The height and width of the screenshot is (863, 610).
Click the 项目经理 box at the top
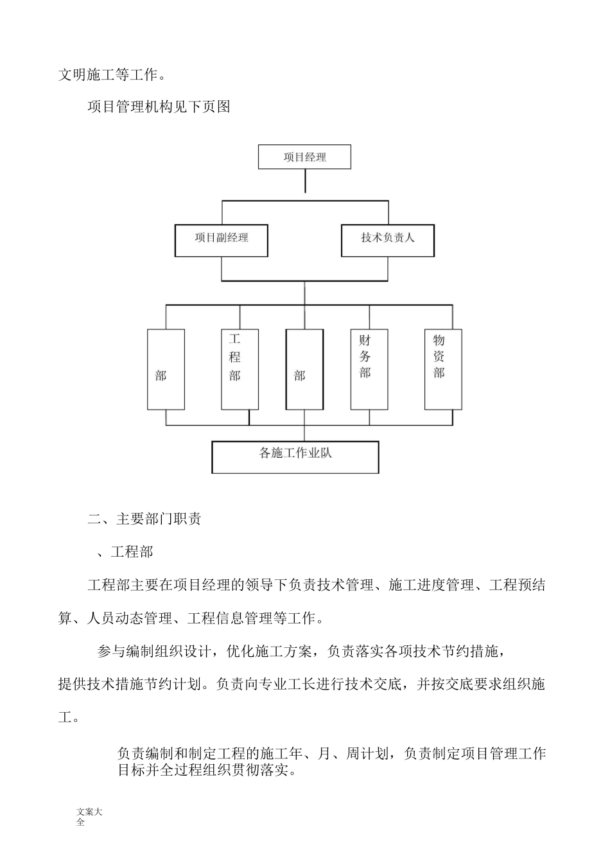[304, 157]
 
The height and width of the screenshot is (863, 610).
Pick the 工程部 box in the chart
[240, 369]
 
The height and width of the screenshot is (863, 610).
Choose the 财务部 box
[369, 369]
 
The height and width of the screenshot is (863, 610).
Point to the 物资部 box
[443, 369]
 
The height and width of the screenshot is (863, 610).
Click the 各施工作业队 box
[295, 457]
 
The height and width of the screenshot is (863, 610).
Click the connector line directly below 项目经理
[305, 181]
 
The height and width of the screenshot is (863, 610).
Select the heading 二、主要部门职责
[144, 519]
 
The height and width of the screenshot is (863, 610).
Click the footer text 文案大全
[89, 817]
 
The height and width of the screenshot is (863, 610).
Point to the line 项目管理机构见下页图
[159, 107]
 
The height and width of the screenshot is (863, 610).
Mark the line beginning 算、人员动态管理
[191, 618]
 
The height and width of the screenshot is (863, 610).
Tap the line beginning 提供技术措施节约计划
[302, 684]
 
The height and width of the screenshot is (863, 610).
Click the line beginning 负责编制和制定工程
[331, 753]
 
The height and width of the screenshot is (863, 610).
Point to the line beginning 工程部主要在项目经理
[317, 585]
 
